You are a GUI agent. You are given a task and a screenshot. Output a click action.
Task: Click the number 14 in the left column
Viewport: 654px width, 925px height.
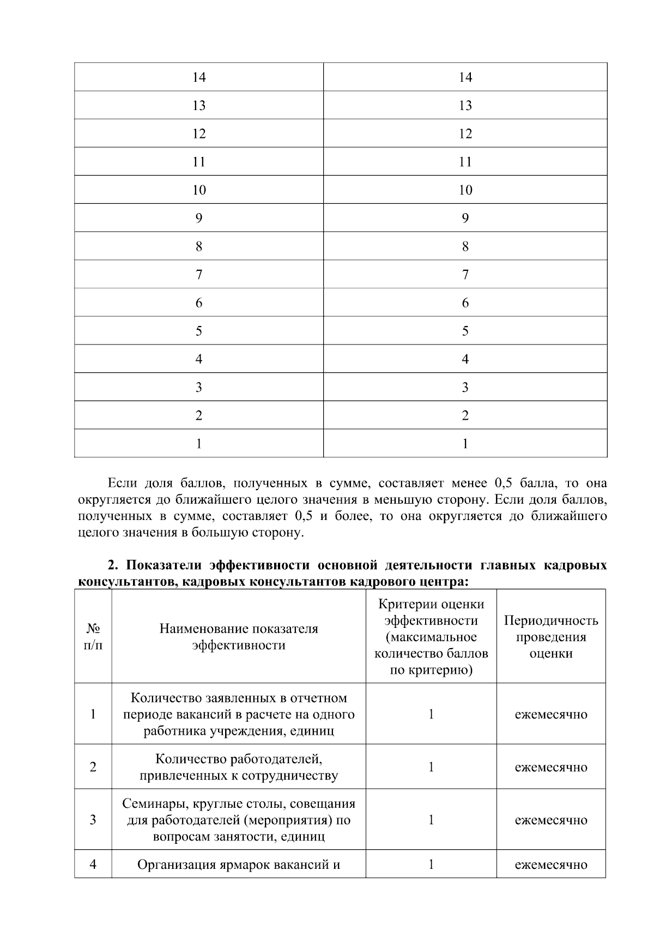tap(199, 77)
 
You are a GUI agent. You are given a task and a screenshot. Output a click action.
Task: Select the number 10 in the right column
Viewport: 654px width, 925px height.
tap(465, 190)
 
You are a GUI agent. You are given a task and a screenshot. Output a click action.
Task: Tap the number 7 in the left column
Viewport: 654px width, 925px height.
tap(199, 275)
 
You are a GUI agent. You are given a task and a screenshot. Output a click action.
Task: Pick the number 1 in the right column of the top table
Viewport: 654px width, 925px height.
tap(465, 444)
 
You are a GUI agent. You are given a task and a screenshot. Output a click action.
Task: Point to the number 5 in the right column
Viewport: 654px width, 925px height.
tap(465, 331)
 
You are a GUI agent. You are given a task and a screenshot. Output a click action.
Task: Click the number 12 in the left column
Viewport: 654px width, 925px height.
tap(199, 134)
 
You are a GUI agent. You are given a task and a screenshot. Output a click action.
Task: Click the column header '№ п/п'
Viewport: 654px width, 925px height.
tap(93, 637)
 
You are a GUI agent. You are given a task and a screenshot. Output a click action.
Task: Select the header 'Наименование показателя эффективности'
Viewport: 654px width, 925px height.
tap(239, 637)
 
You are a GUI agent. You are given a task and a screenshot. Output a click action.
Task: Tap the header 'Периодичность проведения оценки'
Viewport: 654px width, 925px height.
tap(550, 637)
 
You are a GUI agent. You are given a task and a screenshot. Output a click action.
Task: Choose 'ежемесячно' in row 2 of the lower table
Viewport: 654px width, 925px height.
tap(550, 767)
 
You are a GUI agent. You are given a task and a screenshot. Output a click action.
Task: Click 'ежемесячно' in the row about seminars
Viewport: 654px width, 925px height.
tap(550, 820)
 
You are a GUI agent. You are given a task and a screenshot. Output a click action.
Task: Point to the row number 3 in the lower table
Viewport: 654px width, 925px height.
tap(93, 820)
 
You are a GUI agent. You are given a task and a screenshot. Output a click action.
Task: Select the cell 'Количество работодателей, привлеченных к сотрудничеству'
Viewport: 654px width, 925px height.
tap(239, 767)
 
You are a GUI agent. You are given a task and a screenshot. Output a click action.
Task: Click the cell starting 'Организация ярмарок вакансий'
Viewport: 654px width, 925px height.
tap(239, 864)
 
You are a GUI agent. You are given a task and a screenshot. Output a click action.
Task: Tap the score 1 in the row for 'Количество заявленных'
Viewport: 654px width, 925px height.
tap(431, 714)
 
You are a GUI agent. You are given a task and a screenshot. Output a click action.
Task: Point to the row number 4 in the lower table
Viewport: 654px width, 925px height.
tap(93, 864)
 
